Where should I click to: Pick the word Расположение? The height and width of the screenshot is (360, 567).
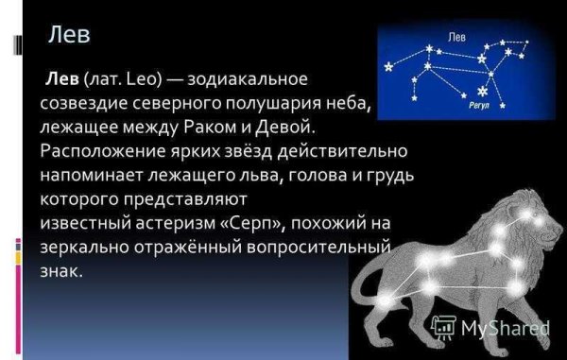tap(99, 151)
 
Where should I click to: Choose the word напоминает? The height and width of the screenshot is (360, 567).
tap(91, 176)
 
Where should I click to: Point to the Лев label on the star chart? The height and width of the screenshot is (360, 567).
tap(455, 38)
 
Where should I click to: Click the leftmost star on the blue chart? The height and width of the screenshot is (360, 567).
tap(386, 69)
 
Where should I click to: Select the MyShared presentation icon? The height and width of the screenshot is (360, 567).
tap(442, 328)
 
